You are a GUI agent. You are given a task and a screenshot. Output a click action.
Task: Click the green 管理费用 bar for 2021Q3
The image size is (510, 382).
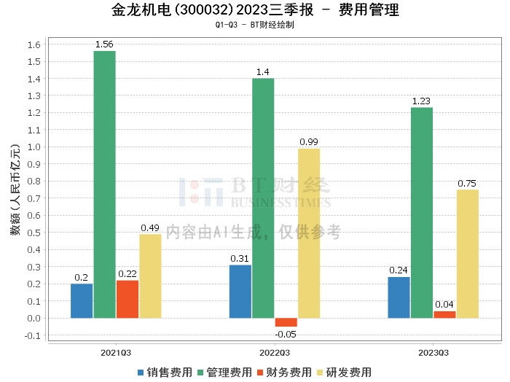point(105,184)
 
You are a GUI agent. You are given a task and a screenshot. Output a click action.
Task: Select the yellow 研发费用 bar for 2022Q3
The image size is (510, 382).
point(309,233)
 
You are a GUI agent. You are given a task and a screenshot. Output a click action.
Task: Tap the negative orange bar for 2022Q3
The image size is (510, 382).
point(286,322)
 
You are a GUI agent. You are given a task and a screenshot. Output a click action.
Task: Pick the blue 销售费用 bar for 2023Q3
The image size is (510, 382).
point(399,297)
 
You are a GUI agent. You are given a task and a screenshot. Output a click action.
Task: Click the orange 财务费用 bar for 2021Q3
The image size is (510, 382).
point(127,300)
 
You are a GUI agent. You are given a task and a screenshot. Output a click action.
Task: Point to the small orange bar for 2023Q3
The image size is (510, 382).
point(444,315)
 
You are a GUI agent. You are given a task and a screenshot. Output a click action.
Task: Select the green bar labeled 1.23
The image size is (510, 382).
point(422,213)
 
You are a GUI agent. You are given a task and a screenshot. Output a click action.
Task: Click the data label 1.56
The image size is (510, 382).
point(104,44)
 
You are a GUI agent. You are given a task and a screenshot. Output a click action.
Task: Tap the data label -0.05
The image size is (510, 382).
point(286,335)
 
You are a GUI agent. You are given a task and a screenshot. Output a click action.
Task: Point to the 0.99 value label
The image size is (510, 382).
point(309,142)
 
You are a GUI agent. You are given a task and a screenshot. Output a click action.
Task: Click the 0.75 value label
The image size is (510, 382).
point(467,184)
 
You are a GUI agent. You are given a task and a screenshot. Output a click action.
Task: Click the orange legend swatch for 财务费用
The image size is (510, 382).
point(260,373)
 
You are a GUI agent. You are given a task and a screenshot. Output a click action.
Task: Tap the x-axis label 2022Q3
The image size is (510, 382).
point(275,353)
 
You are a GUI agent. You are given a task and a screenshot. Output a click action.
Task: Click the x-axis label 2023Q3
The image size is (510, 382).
point(433,353)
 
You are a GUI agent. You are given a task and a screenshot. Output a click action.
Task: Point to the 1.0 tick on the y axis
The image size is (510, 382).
point(34,147)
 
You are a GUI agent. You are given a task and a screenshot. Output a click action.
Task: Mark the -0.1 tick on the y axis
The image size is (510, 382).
point(33,335)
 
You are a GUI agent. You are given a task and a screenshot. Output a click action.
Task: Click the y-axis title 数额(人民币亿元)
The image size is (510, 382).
point(15,190)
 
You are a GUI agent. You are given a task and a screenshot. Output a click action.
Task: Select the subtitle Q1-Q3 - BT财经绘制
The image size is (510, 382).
point(255,25)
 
